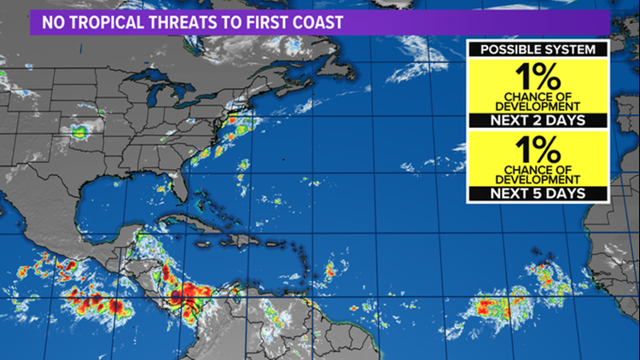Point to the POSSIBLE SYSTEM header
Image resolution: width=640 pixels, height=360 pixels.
tap(537, 49)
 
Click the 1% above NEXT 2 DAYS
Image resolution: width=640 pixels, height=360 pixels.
tap(537, 75)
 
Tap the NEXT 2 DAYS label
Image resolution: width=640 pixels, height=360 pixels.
tap(537, 120)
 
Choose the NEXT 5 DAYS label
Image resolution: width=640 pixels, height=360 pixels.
tap(537, 195)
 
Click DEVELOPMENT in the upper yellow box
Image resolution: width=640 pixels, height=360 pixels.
tap(537, 106)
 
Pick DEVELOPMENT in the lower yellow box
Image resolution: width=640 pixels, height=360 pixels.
tap(537, 179)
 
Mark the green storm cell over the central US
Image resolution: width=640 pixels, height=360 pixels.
tap(80, 131)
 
